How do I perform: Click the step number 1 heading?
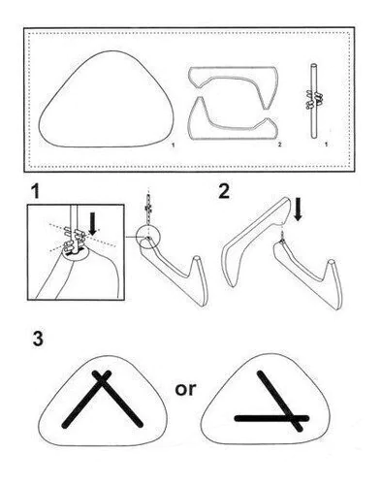[x=36, y=191]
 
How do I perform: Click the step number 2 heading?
[x=224, y=191]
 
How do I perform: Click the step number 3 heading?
[x=38, y=339]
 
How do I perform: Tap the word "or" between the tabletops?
[x=185, y=389]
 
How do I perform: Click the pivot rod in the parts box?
[x=313, y=101]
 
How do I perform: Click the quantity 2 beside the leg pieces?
[x=280, y=145]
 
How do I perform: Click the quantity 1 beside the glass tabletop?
[x=174, y=145]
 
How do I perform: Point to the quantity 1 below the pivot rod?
[x=326, y=145]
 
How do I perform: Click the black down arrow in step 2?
[x=298, y=210]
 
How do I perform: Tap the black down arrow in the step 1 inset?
[x=93, y=223]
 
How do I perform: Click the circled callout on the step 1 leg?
[x=148, y=237]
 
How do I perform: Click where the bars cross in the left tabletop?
[x=102, y=379]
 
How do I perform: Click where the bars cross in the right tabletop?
[x=292, y=418]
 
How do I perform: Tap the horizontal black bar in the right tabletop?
[x=271, y=418]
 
